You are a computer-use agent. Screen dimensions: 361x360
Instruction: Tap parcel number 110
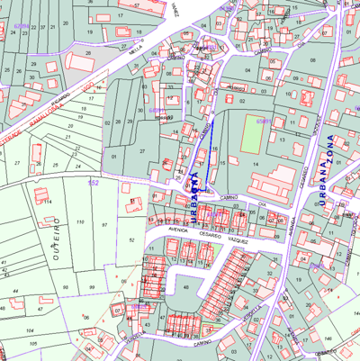(80, 221)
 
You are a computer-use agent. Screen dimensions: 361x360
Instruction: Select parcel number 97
(104, 222)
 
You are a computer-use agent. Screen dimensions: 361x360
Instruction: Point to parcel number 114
(48, 201)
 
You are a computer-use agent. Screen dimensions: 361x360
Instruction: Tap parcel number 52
(131, 240)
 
